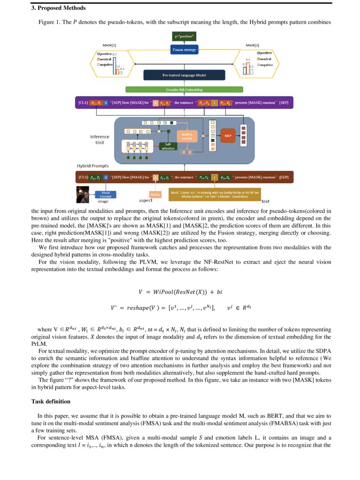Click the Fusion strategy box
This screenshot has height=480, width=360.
tap(184, 50)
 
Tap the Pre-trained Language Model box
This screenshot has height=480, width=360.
tap(184, 75)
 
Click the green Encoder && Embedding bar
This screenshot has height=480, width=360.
tap(184, 90)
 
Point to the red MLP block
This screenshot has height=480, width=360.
tap(227, 136)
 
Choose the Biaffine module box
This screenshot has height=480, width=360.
tap(187, 136)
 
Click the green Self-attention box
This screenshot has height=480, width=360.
tap(168, 147)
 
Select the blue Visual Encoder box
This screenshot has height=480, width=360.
tap(106, 194)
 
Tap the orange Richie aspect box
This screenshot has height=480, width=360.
tap(155, 194)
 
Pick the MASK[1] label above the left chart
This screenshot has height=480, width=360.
tap(109, 45)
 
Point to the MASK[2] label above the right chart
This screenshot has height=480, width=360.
tap(252, 45)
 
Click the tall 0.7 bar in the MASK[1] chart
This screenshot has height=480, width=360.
tap(114, 65)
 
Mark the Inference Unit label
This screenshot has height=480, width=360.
tap(100, 139)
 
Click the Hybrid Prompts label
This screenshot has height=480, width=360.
tap(93, 166)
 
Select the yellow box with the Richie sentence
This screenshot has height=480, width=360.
tap(215, 194)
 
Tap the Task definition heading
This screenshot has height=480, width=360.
tap(50, 401)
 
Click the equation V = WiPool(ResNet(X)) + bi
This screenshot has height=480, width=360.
tap(180, 291)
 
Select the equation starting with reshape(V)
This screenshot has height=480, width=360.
tap(180, 308)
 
